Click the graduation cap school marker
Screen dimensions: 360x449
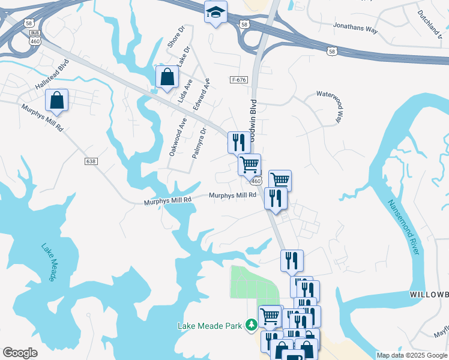pyautogui.click(x=215, y=12)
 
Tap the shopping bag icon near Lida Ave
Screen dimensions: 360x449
pyautogui.click(x=167, y=77)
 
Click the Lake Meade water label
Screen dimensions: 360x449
pyautogui.click(x=50, y=262)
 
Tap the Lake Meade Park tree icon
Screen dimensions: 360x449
pyautogui.click(x=252, y=325)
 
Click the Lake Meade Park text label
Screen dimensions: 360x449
pyautogui.click(x=209, y=326)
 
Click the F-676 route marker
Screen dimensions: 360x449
pyautogui.click(x=238, y=79)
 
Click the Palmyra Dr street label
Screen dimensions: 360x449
pyautogui.click(x=199, y=142)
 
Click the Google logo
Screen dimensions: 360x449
pyautogui.click(x=20, y=353)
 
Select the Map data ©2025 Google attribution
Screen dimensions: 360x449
pyautogui.click(x=411, y=355)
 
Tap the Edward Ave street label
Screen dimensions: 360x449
pyautogui.click(x=201, y=94)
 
